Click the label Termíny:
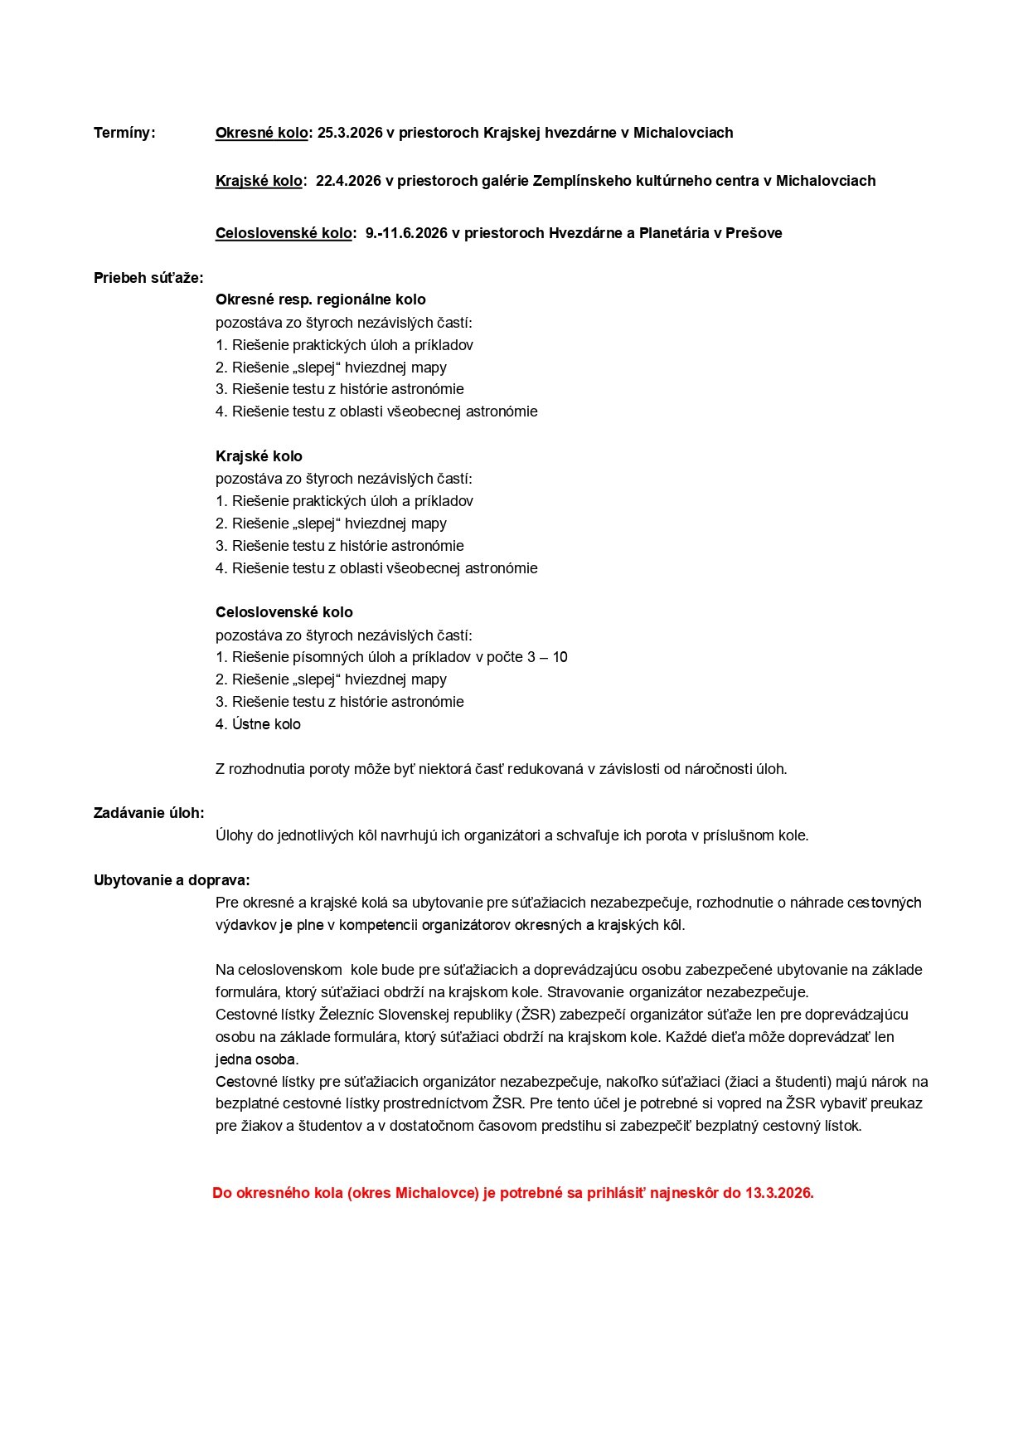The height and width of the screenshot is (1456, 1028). [124, 133]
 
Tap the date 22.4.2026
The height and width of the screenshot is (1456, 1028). [348, 181]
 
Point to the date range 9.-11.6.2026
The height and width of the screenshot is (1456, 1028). [406, 233]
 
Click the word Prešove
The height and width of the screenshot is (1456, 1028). [754, 233]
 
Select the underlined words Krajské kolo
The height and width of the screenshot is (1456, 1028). [259, 181]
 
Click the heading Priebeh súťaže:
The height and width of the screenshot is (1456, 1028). [148, 278]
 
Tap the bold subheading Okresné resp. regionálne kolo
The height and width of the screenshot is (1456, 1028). [321, 299]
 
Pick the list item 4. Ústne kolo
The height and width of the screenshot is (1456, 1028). [258, 724]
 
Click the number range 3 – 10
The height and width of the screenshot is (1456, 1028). [547, 657]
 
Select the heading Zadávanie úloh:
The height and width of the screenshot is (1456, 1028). [149, 813]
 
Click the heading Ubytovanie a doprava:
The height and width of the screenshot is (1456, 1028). [172, 880]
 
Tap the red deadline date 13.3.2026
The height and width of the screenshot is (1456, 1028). [779, 1193]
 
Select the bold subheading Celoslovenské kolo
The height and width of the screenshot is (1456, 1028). [284, 612]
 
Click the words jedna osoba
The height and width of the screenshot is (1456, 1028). [257, 1059]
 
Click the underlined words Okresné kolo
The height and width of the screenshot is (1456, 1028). [261, 133]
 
